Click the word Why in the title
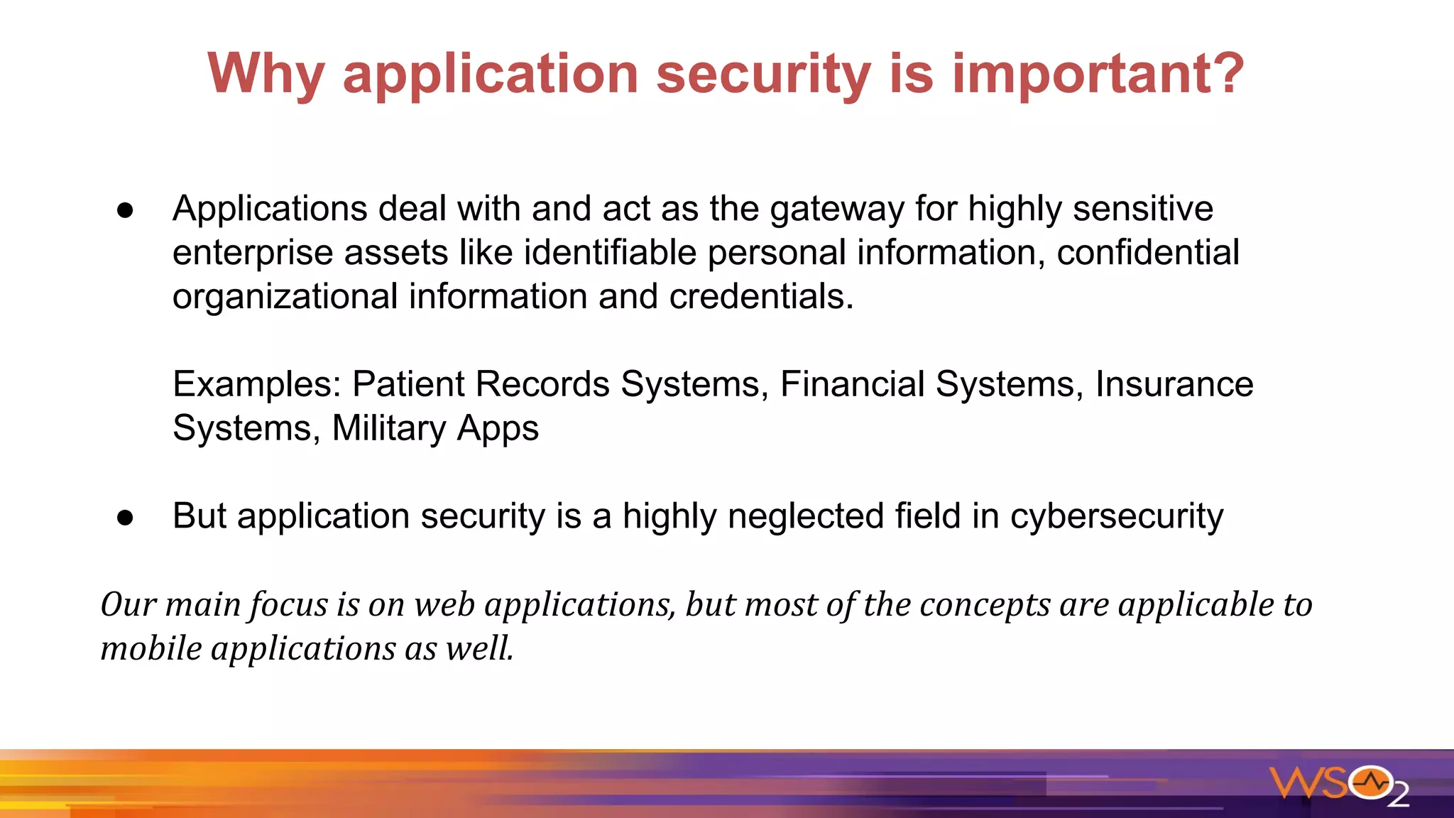266,74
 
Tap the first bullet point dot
126,210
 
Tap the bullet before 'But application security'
126,518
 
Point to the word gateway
836,209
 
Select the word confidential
1147,253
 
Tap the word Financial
852,384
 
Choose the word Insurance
1174,384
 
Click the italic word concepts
985,605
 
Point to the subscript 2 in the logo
1398,796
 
